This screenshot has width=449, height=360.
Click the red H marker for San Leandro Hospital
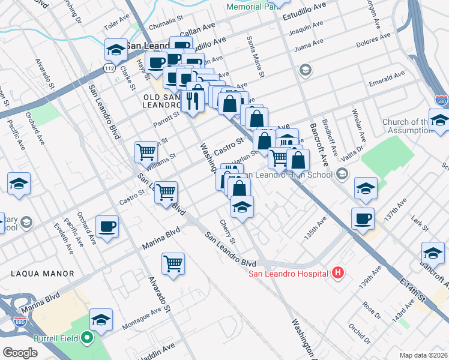[338, 273]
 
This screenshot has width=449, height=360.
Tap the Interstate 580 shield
[441, 100]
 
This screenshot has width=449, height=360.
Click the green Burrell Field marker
[88, 338]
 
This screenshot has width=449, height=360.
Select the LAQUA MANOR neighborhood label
[41, 274]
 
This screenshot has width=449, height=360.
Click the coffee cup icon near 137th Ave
[363, 218]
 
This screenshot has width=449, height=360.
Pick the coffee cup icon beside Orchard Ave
[107, 226]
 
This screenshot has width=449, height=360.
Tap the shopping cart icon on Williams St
[146, 152]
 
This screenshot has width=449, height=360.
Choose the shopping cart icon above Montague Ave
[173, 263]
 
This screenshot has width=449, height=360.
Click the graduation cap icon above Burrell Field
[101, 319]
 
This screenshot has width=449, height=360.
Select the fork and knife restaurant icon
[192, 100]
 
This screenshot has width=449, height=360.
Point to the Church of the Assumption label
[415, 127]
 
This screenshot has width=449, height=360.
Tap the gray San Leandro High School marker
[342, 175]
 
